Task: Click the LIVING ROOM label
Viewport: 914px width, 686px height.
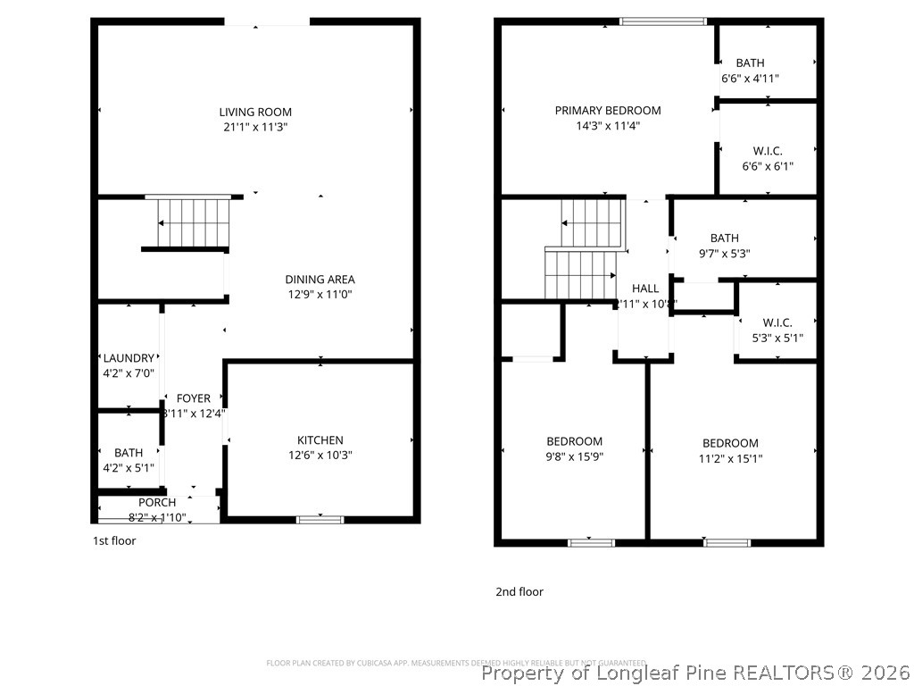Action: [255, 112]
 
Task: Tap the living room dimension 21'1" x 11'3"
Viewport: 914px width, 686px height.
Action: [255, 127]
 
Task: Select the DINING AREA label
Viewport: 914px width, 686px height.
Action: [320, 279]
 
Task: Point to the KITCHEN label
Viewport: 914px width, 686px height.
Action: [320, 439]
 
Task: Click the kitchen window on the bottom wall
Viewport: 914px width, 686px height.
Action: [320, 519]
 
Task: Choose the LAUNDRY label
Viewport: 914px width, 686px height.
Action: [129, 358]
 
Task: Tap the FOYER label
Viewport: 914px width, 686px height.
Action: [194, 398]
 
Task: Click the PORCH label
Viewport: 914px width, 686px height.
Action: [157, 502]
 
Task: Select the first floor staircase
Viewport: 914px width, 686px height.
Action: [194, 214]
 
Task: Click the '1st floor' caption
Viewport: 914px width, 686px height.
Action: [114, 540]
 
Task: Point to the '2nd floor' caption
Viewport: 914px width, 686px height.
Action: [519, 591]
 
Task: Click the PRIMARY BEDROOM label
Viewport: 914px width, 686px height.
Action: [608, 111]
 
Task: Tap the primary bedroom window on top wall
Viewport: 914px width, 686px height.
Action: [663, 21]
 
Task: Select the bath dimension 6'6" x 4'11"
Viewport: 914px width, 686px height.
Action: [750, 78]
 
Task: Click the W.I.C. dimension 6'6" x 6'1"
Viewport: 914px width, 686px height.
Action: [768, 165]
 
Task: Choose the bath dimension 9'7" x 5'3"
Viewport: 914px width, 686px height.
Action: [724, 253]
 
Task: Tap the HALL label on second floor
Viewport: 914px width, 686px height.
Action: [645, 289]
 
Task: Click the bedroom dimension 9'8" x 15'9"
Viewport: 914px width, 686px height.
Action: [574, 456]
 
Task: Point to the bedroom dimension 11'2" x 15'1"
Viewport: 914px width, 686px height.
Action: [730, 458]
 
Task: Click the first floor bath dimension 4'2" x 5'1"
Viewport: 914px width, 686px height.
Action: [129, 467]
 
